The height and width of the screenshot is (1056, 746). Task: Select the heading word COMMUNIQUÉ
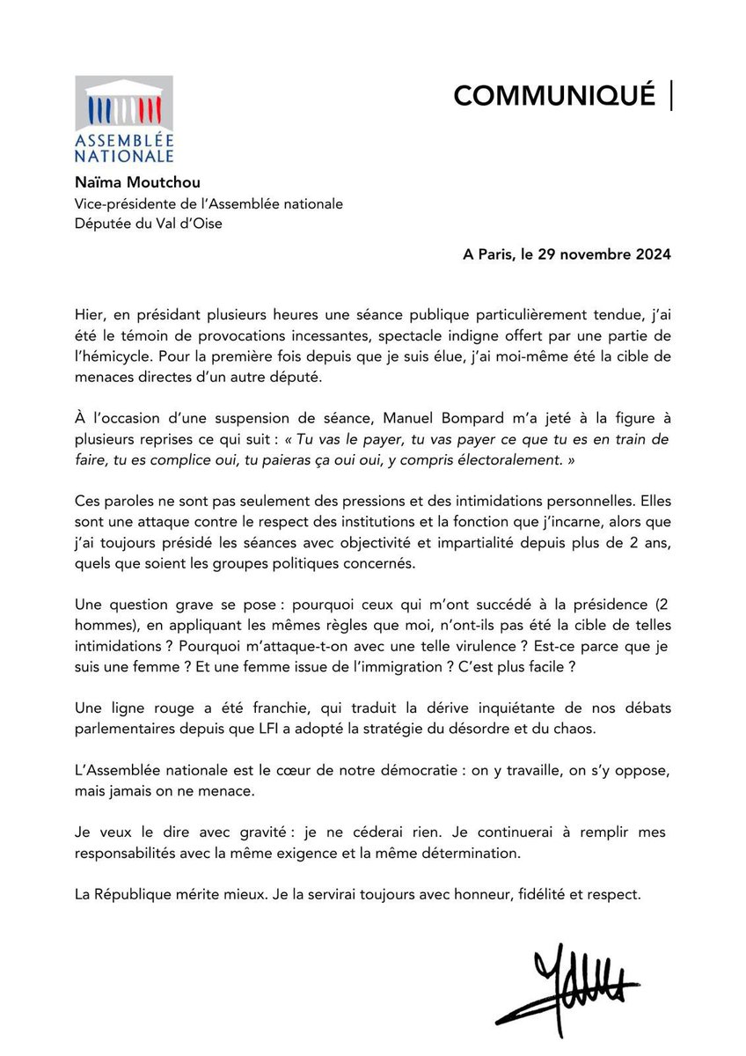pyautogui.click(x=554, y=95)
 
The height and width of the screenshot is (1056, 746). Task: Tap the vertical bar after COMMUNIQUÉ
pyautogui.click(x=672, y=95)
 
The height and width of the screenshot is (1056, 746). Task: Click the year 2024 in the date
pyautogui.click(x=652, y=255)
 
